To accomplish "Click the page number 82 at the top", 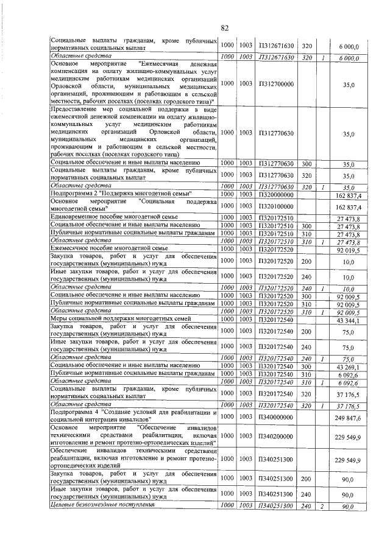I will (224, 27).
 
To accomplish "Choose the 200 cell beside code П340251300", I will (307, 479).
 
